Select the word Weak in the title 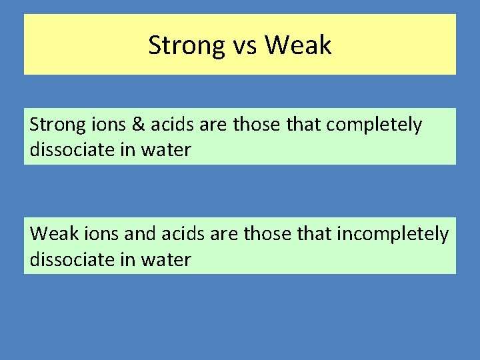click(x=298, y=45)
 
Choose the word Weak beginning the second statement click(x=52, y=234)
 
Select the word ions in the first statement click(x=109, y=125)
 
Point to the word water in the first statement click(x=166, y=150)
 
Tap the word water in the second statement click(x=166, y=259)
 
